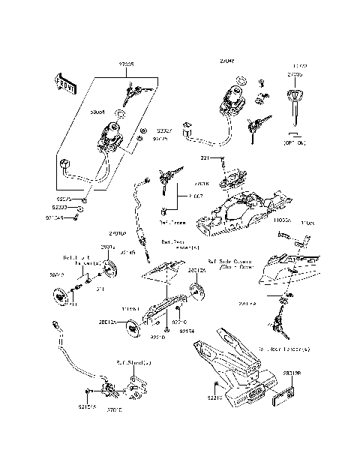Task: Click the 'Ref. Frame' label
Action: tap(172, 223)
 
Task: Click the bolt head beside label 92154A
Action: tap(90, 393)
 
